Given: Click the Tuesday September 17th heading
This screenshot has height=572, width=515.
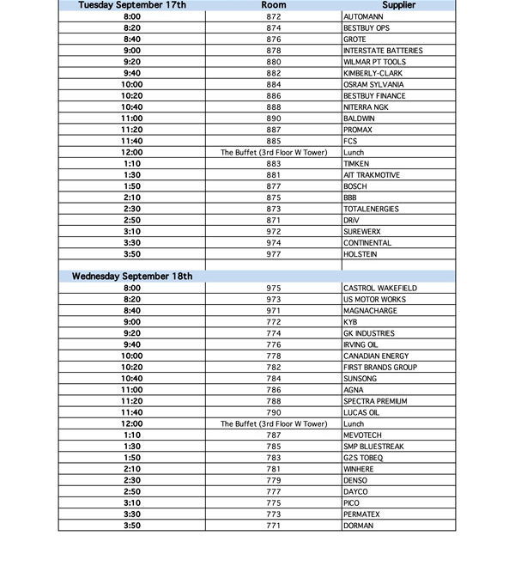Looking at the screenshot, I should [132, 5].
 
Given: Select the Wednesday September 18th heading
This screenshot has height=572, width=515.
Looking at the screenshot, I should [132, 277].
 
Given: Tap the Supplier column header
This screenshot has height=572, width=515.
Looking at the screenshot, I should [397, 5].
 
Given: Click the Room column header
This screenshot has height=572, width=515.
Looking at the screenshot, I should [274, 5].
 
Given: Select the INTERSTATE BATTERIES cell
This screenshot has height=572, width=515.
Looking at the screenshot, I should [382, 51].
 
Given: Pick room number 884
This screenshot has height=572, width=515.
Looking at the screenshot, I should [274, 85].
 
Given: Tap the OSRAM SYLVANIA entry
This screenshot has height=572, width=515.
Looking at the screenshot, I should [373, 85].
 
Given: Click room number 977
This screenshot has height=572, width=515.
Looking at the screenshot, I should [274, 254].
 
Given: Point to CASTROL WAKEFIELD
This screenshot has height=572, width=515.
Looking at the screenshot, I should [379, 288].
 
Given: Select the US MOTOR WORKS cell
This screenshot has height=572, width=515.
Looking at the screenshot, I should [374, 299].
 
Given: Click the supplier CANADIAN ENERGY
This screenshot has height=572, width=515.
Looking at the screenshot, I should [377, 356].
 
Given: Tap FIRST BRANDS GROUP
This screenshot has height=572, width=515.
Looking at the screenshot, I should [379, 367].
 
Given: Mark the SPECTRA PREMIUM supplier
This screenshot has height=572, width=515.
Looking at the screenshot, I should [375, 401].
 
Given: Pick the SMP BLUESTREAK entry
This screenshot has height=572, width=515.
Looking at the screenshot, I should [373, 447].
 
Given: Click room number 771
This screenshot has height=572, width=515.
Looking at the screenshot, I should [274, 526].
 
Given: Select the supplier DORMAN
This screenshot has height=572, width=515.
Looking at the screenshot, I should [358, 526].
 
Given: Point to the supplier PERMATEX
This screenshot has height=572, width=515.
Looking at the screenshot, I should [361, 514].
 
